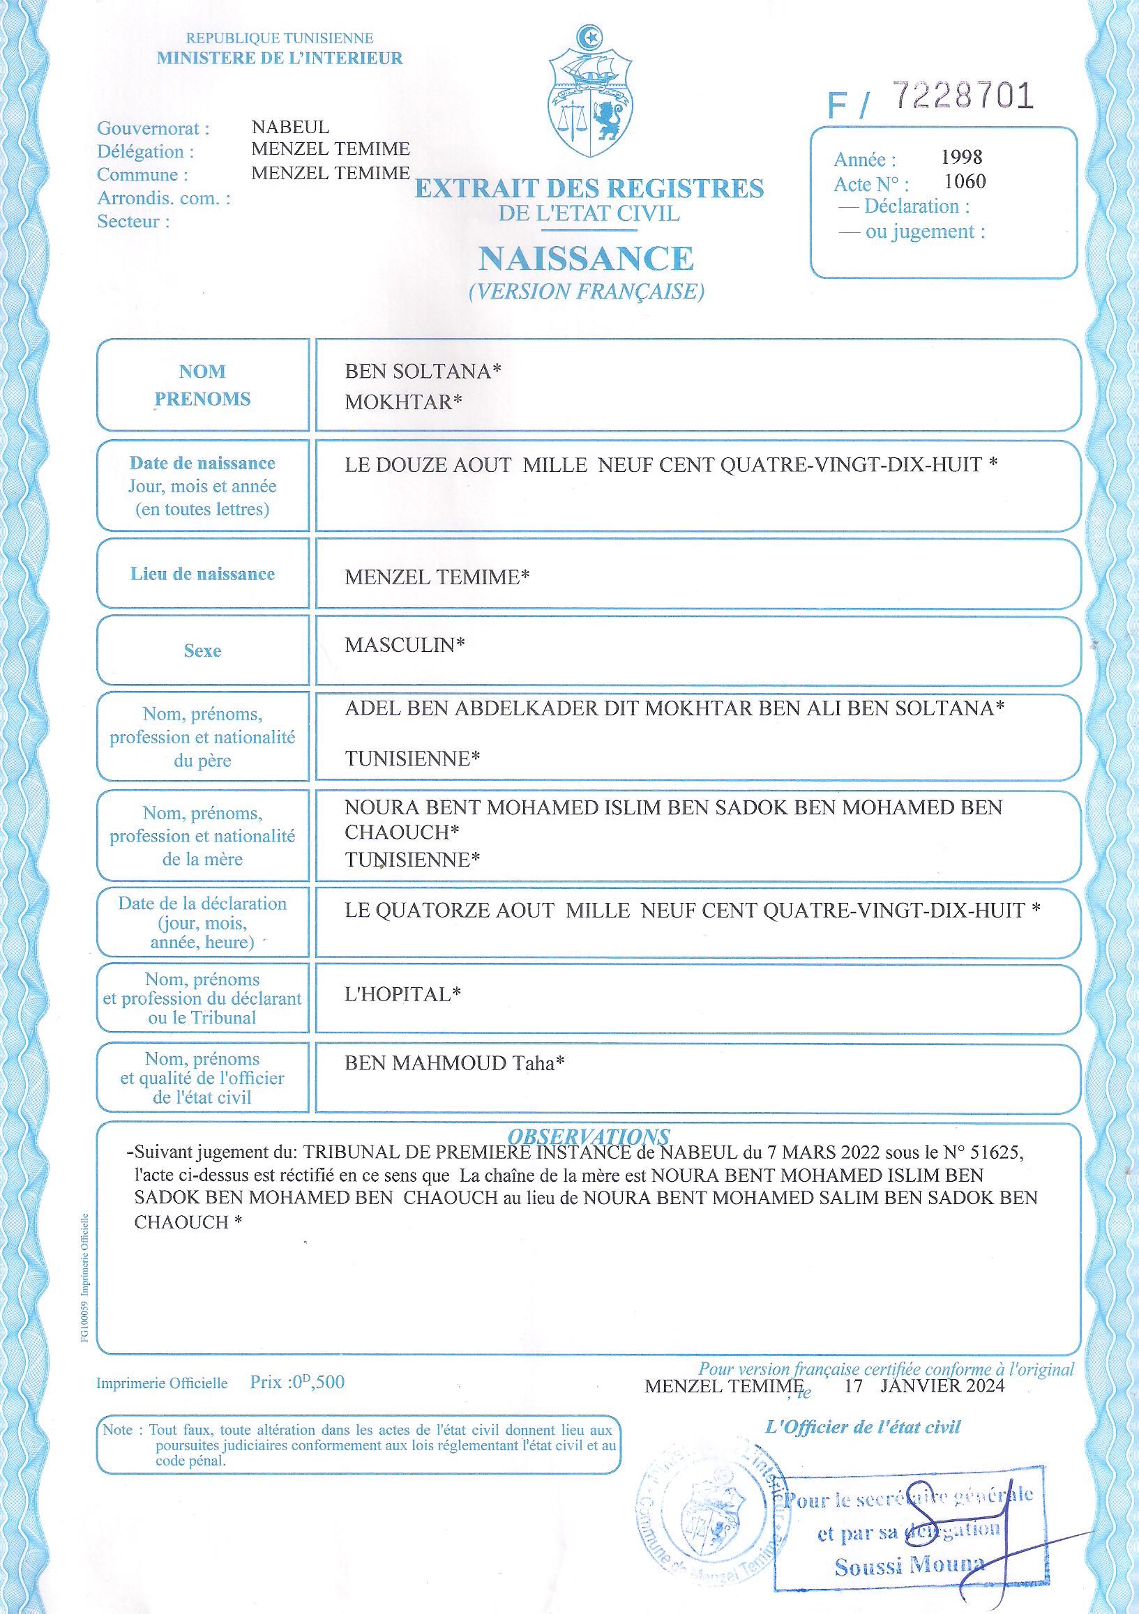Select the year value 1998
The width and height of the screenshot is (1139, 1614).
[962, 157]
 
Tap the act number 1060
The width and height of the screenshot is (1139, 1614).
[965, 181]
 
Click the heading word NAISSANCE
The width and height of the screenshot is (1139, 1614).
[586, 258]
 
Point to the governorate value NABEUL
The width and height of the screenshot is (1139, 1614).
[289, 127]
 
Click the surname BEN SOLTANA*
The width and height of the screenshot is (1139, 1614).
[423, 371]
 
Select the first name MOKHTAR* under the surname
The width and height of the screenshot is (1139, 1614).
[403, 402]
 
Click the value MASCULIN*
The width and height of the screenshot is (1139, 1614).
[405, 645]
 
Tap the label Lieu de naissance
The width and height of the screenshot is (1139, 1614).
[202, 574]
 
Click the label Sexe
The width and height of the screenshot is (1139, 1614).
[202, 650]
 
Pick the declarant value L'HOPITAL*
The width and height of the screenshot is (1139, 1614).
[402, 994]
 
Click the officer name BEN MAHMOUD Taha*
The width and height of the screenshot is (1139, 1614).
[454, 1063]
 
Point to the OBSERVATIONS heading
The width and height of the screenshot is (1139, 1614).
[589, 1136]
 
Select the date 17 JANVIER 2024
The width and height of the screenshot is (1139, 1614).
[925, 1385]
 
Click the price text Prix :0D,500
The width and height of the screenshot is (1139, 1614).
[297, 1382]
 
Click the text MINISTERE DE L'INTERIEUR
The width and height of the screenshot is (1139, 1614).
[280, 59]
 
